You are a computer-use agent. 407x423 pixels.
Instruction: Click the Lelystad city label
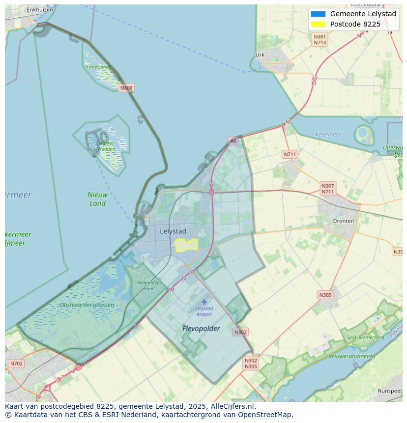173,231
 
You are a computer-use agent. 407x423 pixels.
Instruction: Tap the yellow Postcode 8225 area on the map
186,245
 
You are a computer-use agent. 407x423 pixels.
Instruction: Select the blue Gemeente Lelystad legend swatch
318,14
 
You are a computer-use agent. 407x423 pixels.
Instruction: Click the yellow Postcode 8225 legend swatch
318,24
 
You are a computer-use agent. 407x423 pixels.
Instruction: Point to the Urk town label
260,55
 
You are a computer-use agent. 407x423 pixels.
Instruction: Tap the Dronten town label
343,221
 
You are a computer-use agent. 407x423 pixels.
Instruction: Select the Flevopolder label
201,328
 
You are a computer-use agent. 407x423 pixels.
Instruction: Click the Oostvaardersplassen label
87,305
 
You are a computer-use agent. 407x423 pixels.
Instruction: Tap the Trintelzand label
97,67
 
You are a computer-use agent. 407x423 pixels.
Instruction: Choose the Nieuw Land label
97,199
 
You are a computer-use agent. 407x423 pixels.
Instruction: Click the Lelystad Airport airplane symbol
204,301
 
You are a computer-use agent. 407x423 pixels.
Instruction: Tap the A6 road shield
233,141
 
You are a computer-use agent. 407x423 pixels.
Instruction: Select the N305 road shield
325,295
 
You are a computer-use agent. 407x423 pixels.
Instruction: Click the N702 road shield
16,364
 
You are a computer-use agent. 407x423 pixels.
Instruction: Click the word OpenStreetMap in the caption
266,415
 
